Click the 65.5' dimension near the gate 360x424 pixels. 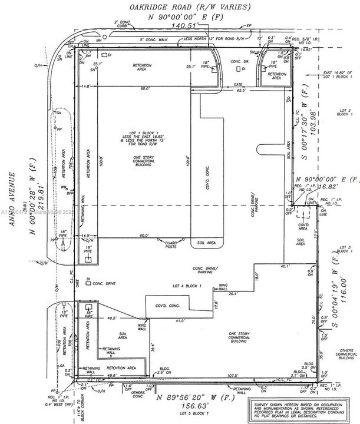[240, 91]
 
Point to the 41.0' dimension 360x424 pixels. [180, 321]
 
